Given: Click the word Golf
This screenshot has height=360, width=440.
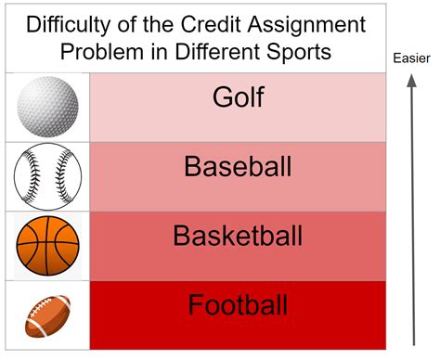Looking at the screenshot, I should (x=237, y=98).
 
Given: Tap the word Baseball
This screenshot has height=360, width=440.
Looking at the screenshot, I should (x=238, y=167).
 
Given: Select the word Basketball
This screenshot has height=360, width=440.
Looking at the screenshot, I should (x=238, y=236).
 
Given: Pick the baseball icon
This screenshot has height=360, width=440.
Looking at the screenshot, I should (x=47, y=176).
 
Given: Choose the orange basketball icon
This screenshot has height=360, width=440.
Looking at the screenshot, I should (x=46, y=245).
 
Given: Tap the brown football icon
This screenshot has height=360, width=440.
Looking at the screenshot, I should (x=47, y=315).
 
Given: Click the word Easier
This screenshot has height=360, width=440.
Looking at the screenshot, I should (x=412, y=61).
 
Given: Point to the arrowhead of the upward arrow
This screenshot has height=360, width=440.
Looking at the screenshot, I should (x=412, y=82).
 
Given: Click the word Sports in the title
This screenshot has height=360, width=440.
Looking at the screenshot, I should (x=298, y=51).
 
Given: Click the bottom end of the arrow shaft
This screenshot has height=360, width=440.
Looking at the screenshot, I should (x=412, y=344).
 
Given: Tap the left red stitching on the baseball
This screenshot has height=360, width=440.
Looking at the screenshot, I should (x=28, y=176).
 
